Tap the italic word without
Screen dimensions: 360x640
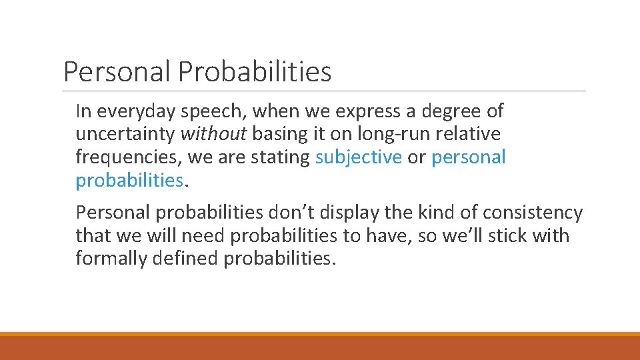[214, 134]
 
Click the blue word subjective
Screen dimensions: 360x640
[359, 157]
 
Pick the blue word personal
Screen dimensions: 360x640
[469, 157]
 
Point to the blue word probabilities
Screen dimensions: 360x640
[129, 181]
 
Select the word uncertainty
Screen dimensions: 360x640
[125, 134]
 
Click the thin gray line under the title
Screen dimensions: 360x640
[324, 91]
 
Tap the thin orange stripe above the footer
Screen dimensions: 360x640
[320, 334]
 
